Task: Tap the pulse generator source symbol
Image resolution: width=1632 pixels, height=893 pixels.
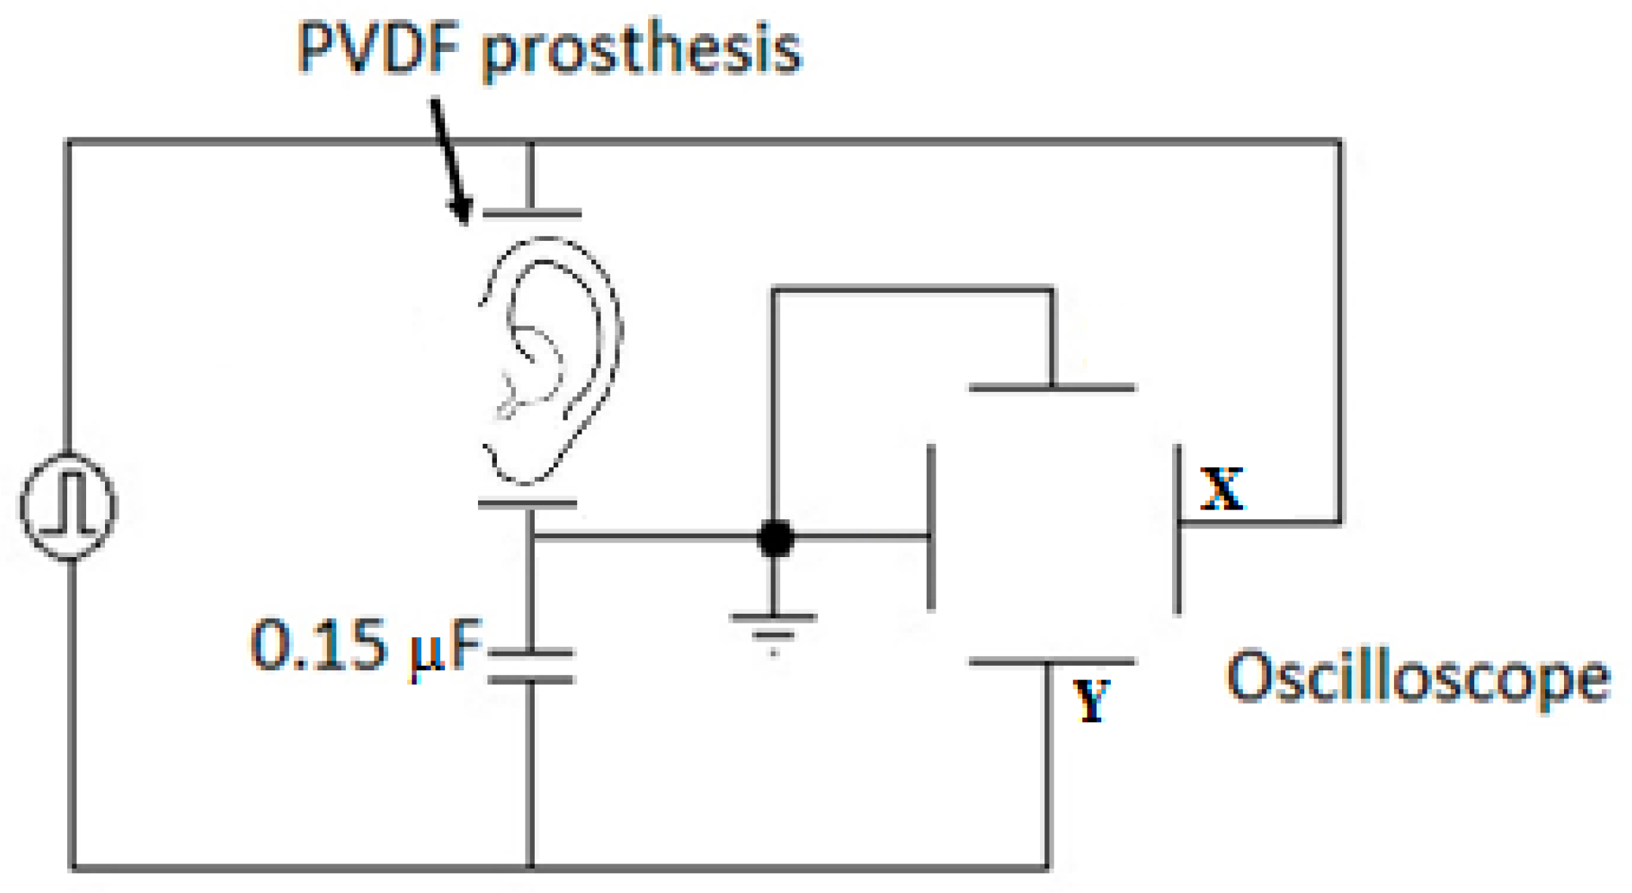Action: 69,506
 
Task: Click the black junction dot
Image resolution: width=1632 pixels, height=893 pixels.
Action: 775,537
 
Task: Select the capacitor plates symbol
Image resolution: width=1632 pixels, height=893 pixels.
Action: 531,666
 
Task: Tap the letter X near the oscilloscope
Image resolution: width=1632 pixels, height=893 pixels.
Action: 1222,488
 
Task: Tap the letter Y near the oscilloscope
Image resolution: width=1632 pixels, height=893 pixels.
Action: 1091,700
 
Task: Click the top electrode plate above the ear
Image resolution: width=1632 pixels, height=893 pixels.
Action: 532,214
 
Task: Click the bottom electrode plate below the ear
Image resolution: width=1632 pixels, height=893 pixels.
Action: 528,503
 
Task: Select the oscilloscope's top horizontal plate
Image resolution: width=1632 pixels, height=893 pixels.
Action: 1052,388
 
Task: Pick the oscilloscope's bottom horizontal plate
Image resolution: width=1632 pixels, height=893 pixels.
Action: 1052,662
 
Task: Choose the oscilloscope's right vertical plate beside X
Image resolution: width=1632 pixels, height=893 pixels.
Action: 1177,528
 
